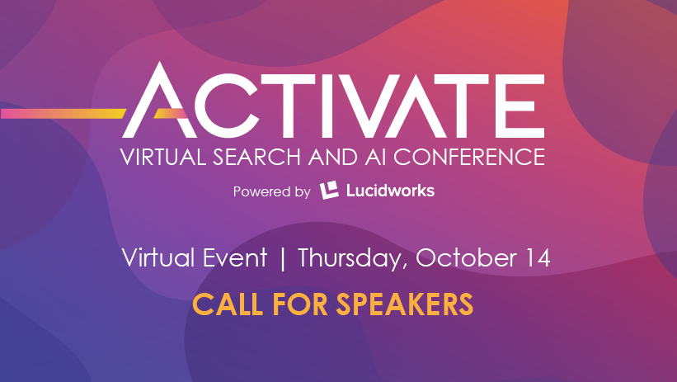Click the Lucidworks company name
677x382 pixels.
pos(389,191)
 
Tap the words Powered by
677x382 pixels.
pos(271,192)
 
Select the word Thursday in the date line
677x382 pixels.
pos(352,257)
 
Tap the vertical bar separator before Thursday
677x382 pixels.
pos(283,257)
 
